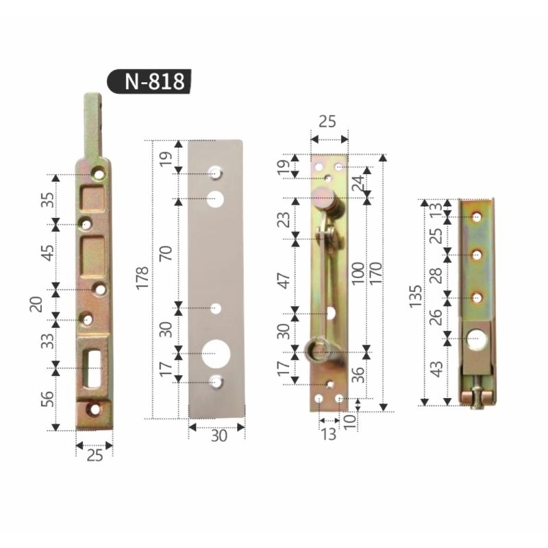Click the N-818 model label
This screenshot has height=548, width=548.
tap(155, 82)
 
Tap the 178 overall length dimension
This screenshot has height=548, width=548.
tap(142, 278)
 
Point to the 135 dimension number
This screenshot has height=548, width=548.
tap(416, 297)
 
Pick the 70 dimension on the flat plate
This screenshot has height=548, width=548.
tap(166, 253)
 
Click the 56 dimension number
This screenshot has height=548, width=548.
tap(47, 399)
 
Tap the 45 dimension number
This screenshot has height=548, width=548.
tap(47, 252)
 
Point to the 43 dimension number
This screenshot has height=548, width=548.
tap(436, 369)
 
